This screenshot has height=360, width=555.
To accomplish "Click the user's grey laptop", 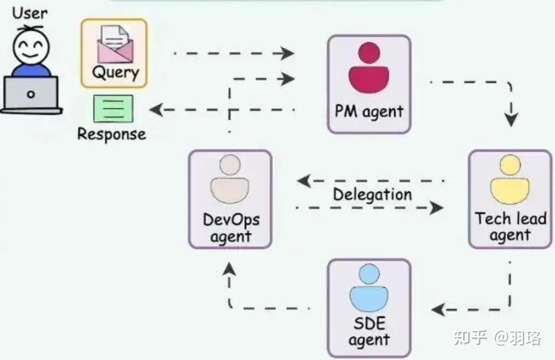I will point(31,95).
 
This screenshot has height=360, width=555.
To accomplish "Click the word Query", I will point(115,73).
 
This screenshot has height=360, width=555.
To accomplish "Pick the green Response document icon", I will point(113,108).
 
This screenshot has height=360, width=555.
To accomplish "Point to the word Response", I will point(111,134).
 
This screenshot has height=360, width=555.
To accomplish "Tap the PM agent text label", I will point(369,112).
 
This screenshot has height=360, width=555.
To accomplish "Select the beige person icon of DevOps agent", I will point(230,179).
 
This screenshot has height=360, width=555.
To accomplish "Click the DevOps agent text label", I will point(231,228).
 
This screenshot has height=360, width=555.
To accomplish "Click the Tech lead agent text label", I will point(510,226).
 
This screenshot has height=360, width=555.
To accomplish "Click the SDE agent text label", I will point(369,332).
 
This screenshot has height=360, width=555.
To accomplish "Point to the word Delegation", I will point(372,194).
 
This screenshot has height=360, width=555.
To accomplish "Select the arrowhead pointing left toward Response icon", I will point(156,110).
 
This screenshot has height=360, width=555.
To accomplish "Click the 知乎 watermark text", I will point(470,338).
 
